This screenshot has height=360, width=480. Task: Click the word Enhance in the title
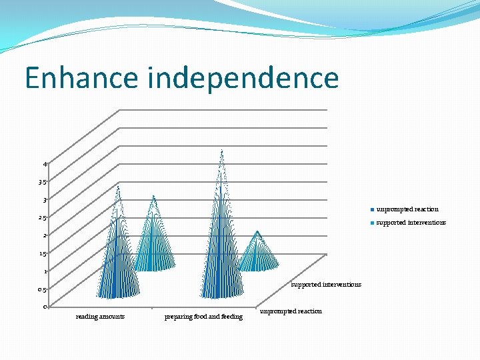point(81,79)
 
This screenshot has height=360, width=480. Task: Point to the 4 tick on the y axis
point(45,164)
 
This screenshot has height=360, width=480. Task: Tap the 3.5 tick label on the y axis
point(42,182)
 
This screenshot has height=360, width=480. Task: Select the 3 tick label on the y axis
point(45,200)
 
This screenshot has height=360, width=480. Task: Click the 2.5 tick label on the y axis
point(42,218)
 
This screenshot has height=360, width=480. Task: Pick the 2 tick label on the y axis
point(45,235)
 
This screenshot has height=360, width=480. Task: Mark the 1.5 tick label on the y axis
point(42,254)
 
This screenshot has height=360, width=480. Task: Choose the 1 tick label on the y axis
point(45,271)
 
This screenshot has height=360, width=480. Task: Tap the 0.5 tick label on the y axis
point(42,290)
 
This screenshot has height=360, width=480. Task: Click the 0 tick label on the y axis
point(45,307)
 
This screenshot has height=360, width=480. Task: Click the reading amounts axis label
point(100,317)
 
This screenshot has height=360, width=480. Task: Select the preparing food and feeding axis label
point(203,317)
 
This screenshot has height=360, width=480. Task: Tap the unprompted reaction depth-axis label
point(291,311)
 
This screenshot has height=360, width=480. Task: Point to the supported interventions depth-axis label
point(326,285)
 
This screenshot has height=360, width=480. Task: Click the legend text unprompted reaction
point(407,209)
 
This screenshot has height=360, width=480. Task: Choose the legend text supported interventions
point(411,223)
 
